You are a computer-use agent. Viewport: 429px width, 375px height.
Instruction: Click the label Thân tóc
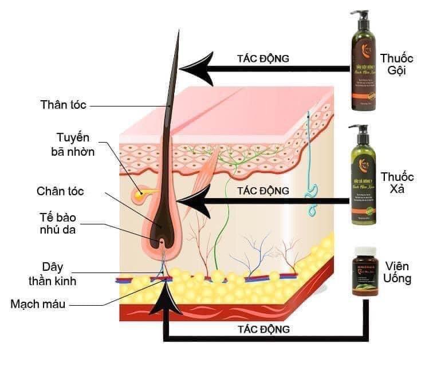tap(63, 105)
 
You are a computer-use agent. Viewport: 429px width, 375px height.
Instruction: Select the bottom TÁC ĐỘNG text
tap(263, 329)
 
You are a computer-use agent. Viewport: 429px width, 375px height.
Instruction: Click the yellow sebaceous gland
tap(140, 195)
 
